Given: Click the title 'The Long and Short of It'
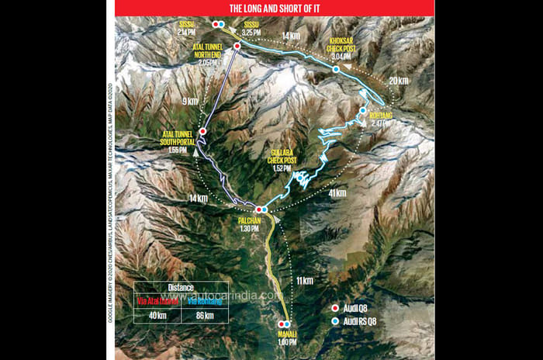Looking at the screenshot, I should [x=275, y=8].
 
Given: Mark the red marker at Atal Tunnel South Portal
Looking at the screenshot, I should [x=202, y=132].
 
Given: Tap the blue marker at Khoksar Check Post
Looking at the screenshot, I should [x=336, y=69].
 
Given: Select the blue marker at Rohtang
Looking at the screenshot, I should [x=362, y=111].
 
